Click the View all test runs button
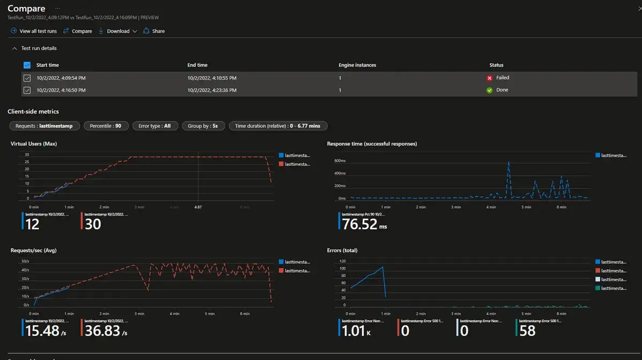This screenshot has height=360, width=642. (x=33, y=31)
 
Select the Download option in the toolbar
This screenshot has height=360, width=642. (x=118, y=31)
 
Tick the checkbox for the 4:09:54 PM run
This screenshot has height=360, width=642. (x=27, y=78)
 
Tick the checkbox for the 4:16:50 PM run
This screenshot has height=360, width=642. (x=27, y=90)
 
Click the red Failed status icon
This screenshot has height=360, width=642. (x=489, y=78)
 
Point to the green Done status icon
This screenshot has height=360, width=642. (x=489, y=90)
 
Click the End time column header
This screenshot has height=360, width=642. (x=197, y=65)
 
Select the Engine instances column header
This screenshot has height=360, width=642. (x=357, y=65)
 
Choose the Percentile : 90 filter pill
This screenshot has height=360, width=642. (x=105, y=126)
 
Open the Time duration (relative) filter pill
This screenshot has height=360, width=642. (x=278, y=126)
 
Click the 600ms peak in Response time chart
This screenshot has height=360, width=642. (x=508, y=162)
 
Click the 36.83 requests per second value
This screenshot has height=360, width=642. (x=102, y=331)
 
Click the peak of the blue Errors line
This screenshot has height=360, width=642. (x=383, y=267)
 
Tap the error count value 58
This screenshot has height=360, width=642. (x=528, y=331)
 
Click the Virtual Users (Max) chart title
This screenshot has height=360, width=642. (x=34, y=144)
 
